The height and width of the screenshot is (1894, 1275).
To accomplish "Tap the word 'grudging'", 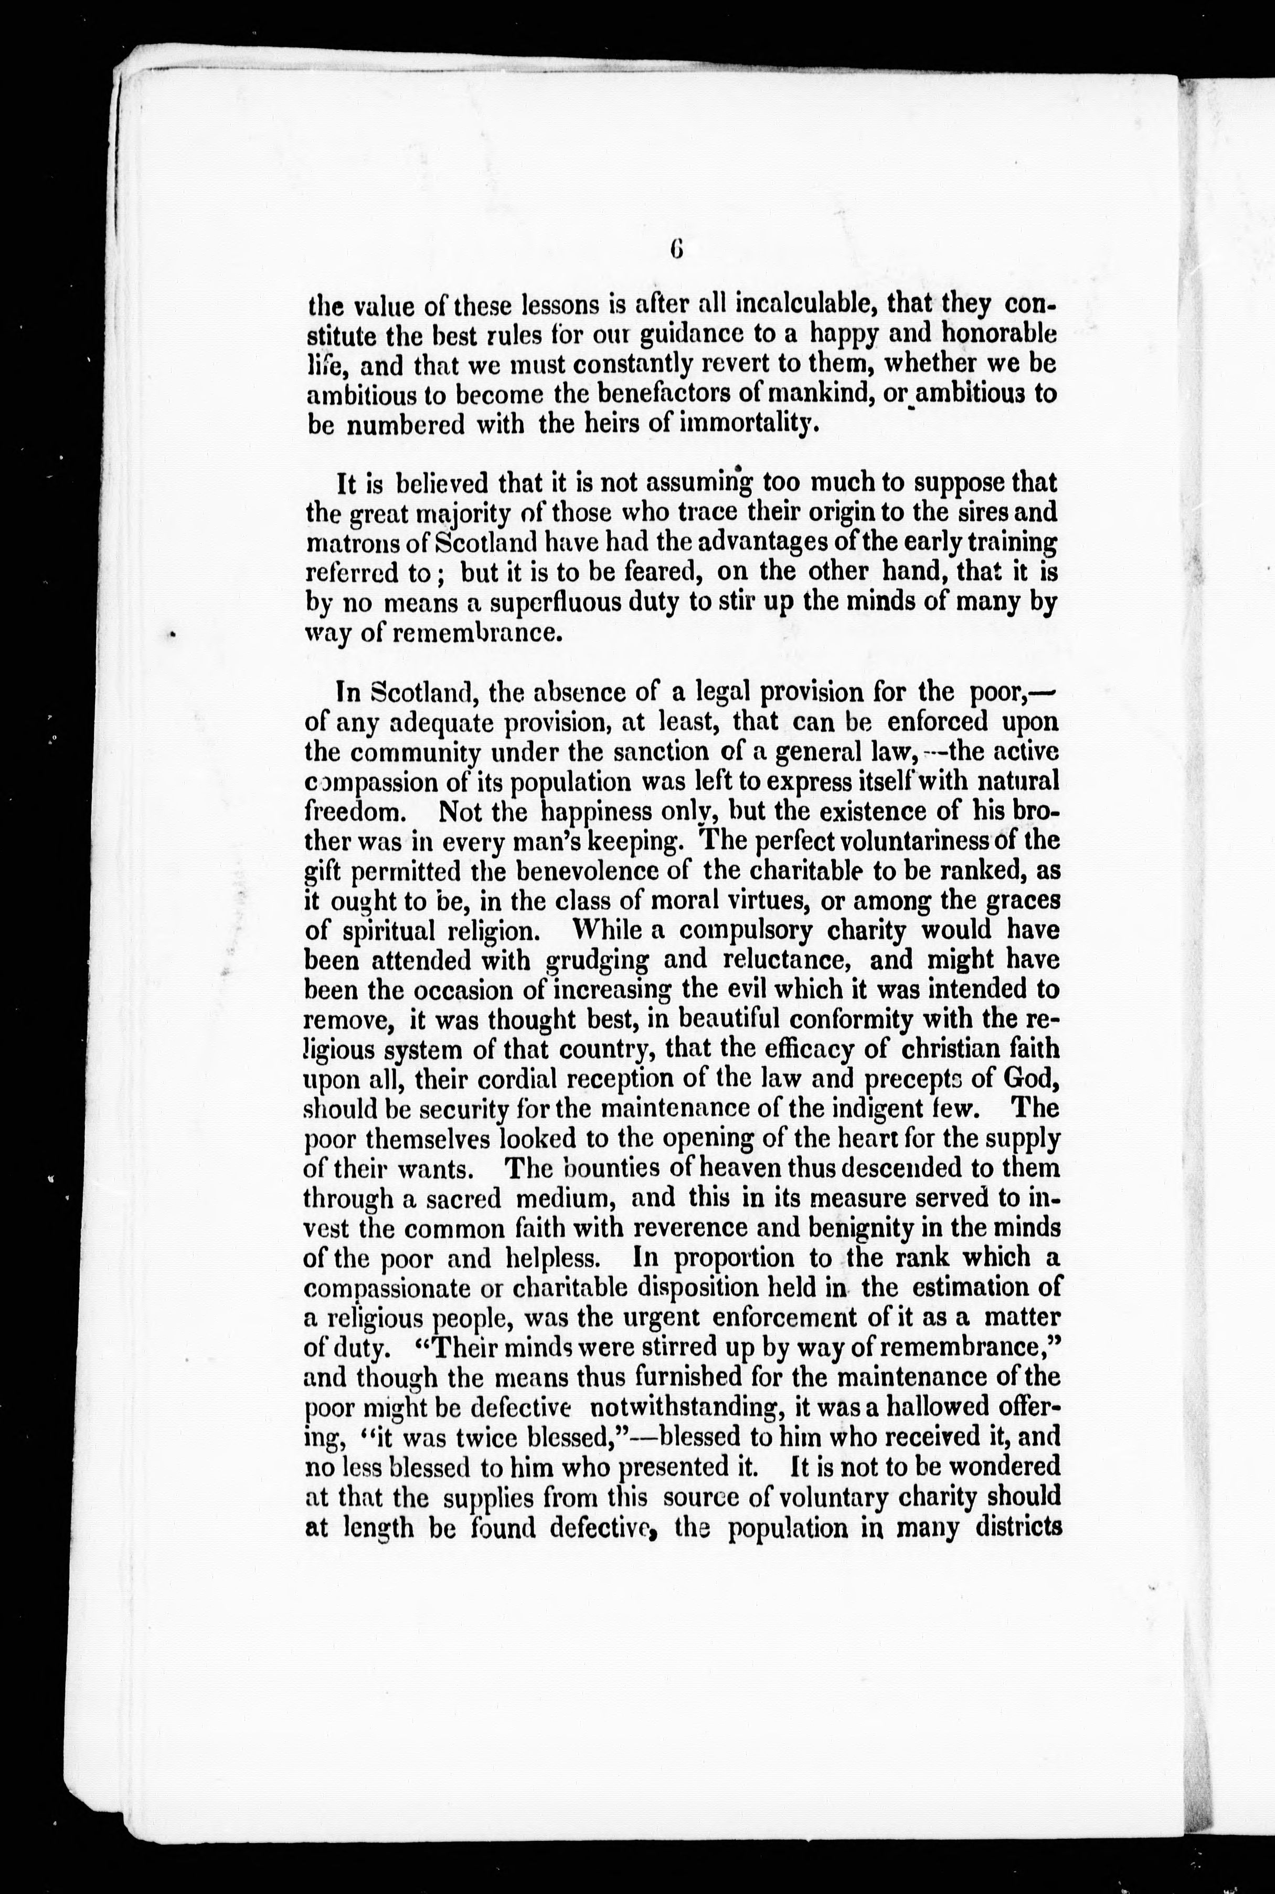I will (x=598, y=961).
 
